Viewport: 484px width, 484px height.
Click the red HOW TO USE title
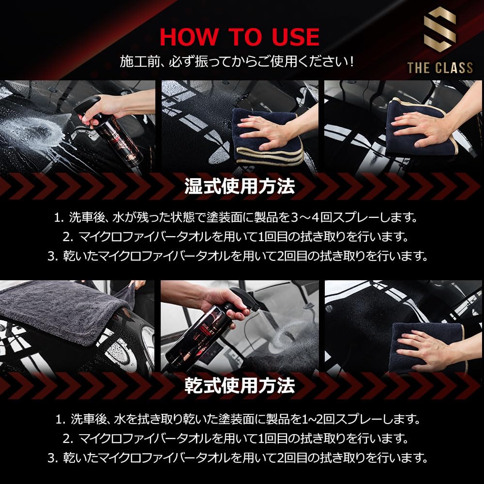240,37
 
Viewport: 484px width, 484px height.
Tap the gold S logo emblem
439,31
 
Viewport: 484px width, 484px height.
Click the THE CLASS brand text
439,67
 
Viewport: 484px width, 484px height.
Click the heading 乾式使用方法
240,386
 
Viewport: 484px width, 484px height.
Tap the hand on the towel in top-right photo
421,123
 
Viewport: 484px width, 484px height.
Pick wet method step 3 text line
238,256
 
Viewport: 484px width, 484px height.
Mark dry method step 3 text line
238,457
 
